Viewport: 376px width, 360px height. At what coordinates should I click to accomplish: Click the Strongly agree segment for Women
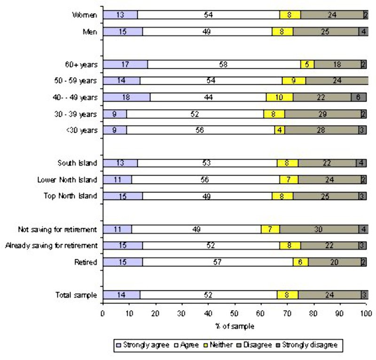point(120,15)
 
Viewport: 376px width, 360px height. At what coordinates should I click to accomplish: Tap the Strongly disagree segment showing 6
point(358,97)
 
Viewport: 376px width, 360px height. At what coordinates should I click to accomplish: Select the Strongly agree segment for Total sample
point(121,295)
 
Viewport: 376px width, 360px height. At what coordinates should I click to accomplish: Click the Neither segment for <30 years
point(280,130)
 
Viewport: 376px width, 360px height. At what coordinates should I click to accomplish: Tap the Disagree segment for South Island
point(327,163)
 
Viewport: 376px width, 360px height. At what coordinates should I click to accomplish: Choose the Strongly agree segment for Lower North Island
point(117,180)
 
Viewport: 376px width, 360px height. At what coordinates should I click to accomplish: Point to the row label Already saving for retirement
point(51,246)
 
